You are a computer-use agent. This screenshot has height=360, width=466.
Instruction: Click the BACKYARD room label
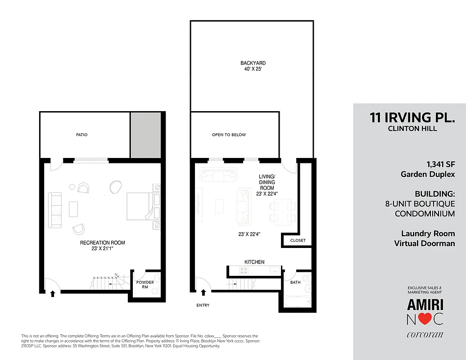pos(253,63)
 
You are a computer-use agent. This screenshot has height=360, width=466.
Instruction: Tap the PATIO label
pos(81,135)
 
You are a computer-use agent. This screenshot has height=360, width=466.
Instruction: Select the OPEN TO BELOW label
pos(229,135)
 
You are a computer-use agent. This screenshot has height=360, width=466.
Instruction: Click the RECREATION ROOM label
pos(103,243)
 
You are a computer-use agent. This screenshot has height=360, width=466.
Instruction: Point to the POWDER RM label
pos(145,284)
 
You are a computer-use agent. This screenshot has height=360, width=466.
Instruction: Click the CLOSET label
pos(298,240)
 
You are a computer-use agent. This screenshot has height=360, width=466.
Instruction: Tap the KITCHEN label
pos(254,262)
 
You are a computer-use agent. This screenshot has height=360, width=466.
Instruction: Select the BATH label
pos(295,282)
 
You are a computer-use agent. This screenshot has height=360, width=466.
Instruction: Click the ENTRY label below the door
pos(203,305)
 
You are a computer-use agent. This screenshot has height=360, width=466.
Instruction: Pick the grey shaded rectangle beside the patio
pos(145,135)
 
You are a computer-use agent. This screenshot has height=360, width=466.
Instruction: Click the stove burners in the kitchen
pos(244,270)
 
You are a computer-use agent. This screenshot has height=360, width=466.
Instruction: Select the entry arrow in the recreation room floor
pos(53,293)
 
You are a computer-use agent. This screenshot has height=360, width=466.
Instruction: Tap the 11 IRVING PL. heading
pos(412,117)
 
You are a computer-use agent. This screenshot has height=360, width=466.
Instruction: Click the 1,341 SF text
pos(440,164)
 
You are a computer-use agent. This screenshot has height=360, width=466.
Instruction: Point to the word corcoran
pos(425,334)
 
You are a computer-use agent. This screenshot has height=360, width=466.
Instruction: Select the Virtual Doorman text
pos(424,243)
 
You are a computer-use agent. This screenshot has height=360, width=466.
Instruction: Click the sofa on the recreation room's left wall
pos(55,210)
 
